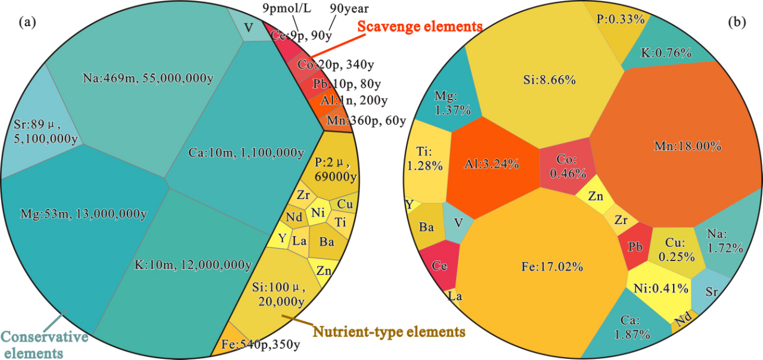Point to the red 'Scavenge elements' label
[x=420, y=27]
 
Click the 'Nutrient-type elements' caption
[x=389, y=331]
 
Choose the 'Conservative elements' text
[x=44, y=345]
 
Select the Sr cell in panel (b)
[x=712, y=292]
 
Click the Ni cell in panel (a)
[x=317, y=212]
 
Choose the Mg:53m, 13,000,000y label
[x=84, y=213]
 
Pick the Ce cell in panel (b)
[x=440, y=266]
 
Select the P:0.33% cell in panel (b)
[x=620, y=20]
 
